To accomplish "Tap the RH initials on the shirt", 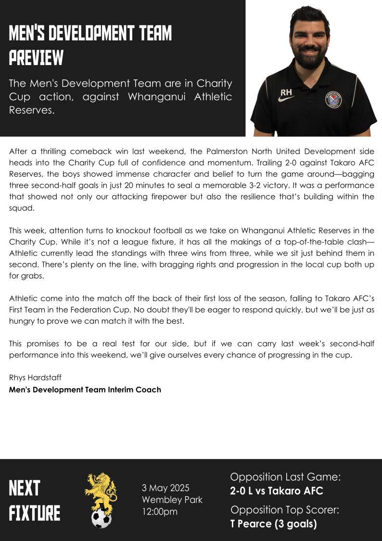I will click(x=287, y=92).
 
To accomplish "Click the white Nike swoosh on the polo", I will click(x=287, y=99).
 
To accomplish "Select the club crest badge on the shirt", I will click(x=333, y=100).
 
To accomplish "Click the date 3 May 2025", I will click(x=166, y=488).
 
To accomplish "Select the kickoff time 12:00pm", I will click(x=160, y=511).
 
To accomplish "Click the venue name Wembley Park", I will click(x=172, y=500).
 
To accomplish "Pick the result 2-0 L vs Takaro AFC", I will click(x=277, y=491).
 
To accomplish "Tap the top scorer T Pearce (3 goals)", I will click(x=273, y=524).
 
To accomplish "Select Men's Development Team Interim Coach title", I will click(x=85, y=389).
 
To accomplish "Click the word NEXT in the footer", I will click(x=25, y=488).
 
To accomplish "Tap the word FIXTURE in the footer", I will click(x=35, y=513).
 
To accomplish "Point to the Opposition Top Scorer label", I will click(x=285, y=510).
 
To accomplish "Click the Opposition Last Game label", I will click(x=285, y=477).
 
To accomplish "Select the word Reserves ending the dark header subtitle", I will click(x=30, y=110).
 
